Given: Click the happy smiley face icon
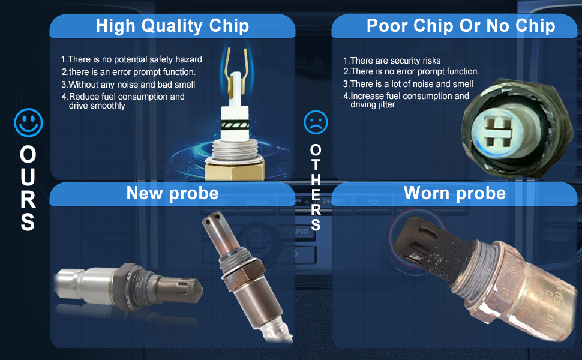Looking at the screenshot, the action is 28,122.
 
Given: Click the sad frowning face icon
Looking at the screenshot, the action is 316,122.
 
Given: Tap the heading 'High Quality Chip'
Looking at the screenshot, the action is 172,26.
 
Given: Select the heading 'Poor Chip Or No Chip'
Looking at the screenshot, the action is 461,26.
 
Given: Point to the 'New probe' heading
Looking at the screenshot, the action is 173,193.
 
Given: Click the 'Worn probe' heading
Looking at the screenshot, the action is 455,193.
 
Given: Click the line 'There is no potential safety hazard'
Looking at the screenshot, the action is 131,59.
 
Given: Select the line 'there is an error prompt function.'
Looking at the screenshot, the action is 128,72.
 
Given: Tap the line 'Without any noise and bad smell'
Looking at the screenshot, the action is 128,85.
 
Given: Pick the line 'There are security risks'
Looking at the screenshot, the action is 392,61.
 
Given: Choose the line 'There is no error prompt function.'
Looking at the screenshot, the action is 411,71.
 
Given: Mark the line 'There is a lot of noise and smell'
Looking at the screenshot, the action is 408,84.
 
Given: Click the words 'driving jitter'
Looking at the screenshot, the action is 373,104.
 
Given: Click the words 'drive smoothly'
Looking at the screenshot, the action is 97,106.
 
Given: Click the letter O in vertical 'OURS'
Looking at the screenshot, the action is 28,154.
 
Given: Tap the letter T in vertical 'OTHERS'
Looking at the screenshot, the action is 316,165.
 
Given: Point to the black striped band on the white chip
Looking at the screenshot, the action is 235,125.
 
